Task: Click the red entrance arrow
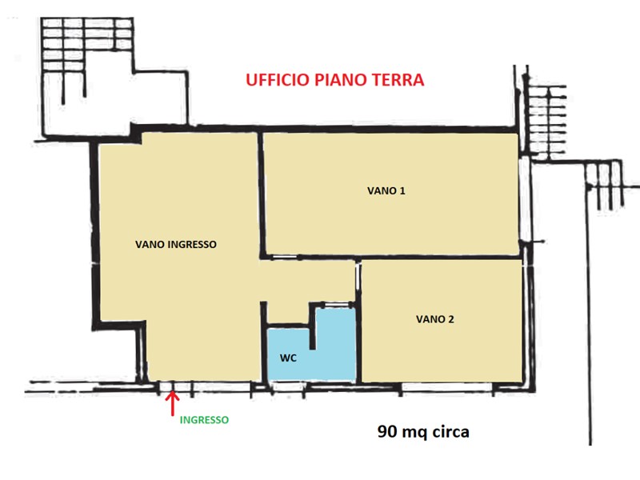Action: (x=172, y=404)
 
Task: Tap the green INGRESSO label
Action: (x=204, y=419)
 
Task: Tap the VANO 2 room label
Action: (x=435, y=318)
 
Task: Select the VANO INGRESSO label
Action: (x=176, y=245)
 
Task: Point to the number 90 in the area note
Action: (x=389, y=432)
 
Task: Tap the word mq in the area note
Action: (x=416, y=432)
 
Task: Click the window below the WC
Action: (x=286, y=386)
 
